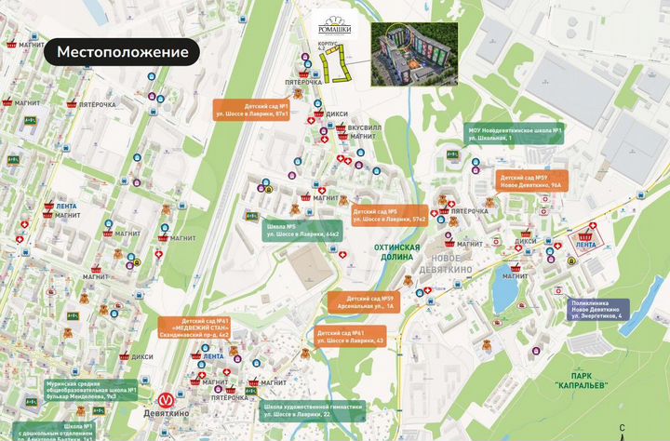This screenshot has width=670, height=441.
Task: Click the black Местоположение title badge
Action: [122, 52]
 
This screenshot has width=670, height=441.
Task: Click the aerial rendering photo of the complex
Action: [415, 52]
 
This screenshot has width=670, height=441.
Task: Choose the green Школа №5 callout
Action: [303, 230]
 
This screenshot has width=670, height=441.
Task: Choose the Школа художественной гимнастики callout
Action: [313, 410]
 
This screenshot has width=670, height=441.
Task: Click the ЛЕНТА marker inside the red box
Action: [586, 244]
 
